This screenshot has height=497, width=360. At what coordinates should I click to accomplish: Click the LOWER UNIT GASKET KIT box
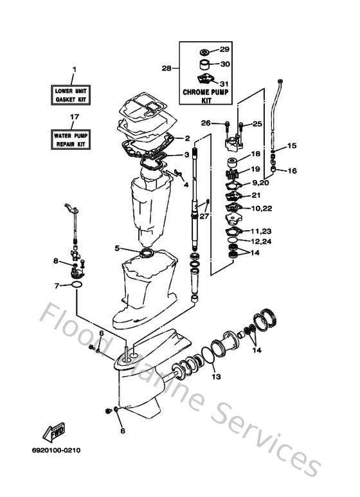coord(72,95)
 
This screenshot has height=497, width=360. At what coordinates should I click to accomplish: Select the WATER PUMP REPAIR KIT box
coord(72,138)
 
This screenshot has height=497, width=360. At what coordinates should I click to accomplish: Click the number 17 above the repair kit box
coord(74,117)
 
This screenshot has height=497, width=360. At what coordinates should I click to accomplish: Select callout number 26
coord(206,123)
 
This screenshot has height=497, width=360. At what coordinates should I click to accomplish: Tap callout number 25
coord(256,123)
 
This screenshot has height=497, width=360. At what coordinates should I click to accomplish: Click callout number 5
coord(116,248)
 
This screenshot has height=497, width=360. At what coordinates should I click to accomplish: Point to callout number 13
coord(216,377)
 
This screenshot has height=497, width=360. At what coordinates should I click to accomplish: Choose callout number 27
coord(204,217)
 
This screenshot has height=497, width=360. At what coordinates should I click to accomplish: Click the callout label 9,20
coord(260,183)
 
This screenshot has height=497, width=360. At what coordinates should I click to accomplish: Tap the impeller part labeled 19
coord(232,174)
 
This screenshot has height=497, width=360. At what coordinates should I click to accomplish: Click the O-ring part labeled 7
coord(76,284)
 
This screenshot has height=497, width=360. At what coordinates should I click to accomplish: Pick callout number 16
coord(292,171)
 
